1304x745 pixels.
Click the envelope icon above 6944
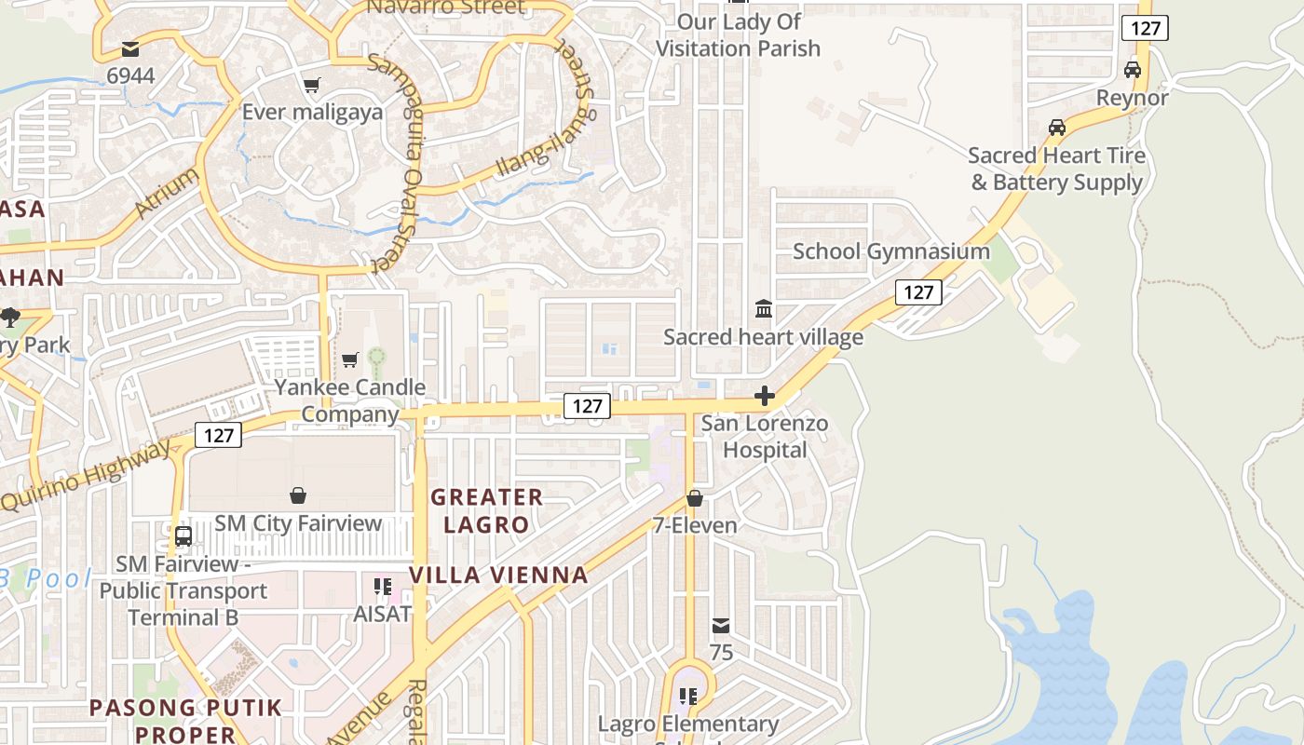(130, 48)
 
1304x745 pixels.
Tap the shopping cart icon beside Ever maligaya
(312, 86)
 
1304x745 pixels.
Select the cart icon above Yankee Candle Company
(350, 359)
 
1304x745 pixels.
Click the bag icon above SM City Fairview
(298, 494)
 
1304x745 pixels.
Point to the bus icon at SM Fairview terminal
(183, 536)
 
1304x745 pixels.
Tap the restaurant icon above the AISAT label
(383, 586)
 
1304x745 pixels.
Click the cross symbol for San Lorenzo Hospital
(765, 397)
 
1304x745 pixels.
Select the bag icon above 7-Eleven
(695, 498)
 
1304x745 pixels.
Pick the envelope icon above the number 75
(721, 626)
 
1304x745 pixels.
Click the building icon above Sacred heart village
(764, 308)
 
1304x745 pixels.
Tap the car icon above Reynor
(1133, 70)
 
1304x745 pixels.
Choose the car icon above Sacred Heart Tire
(1057, 128)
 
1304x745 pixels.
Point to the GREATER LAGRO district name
(486, 510)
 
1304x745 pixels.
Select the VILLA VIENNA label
(499, 575)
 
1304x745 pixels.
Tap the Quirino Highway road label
(89, 475)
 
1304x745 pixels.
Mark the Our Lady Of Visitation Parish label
(738, 34)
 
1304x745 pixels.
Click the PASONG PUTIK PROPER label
(185, 721)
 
